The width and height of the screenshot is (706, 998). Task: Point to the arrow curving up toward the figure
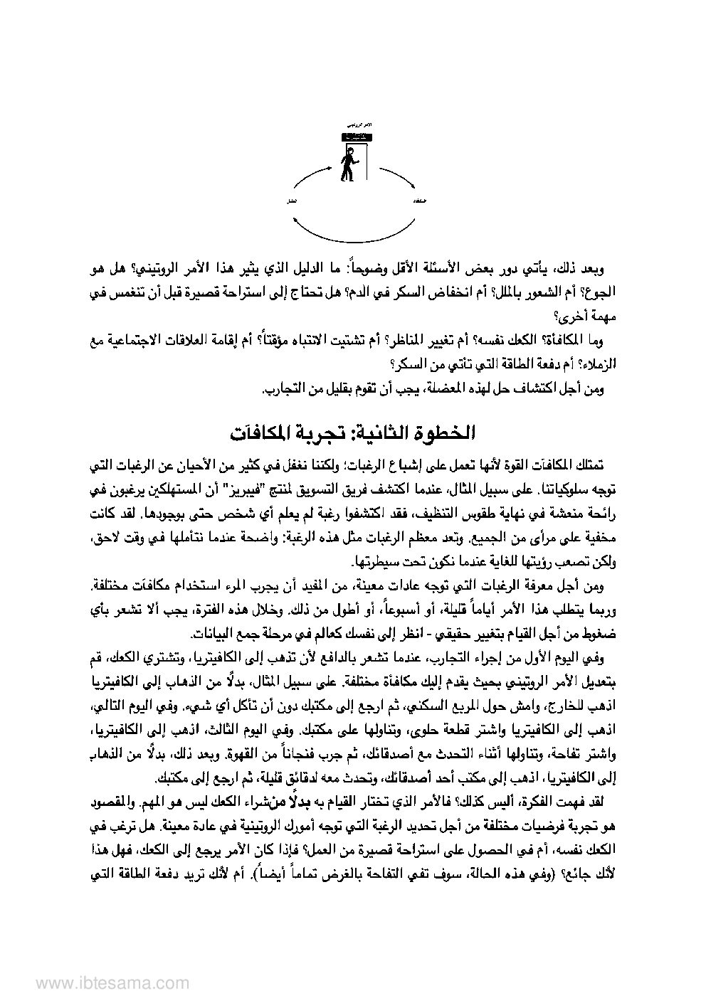pyautogui.click(x=310, y=176)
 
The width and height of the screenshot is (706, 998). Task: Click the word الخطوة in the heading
pyautogui.click(x=444, y=432)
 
